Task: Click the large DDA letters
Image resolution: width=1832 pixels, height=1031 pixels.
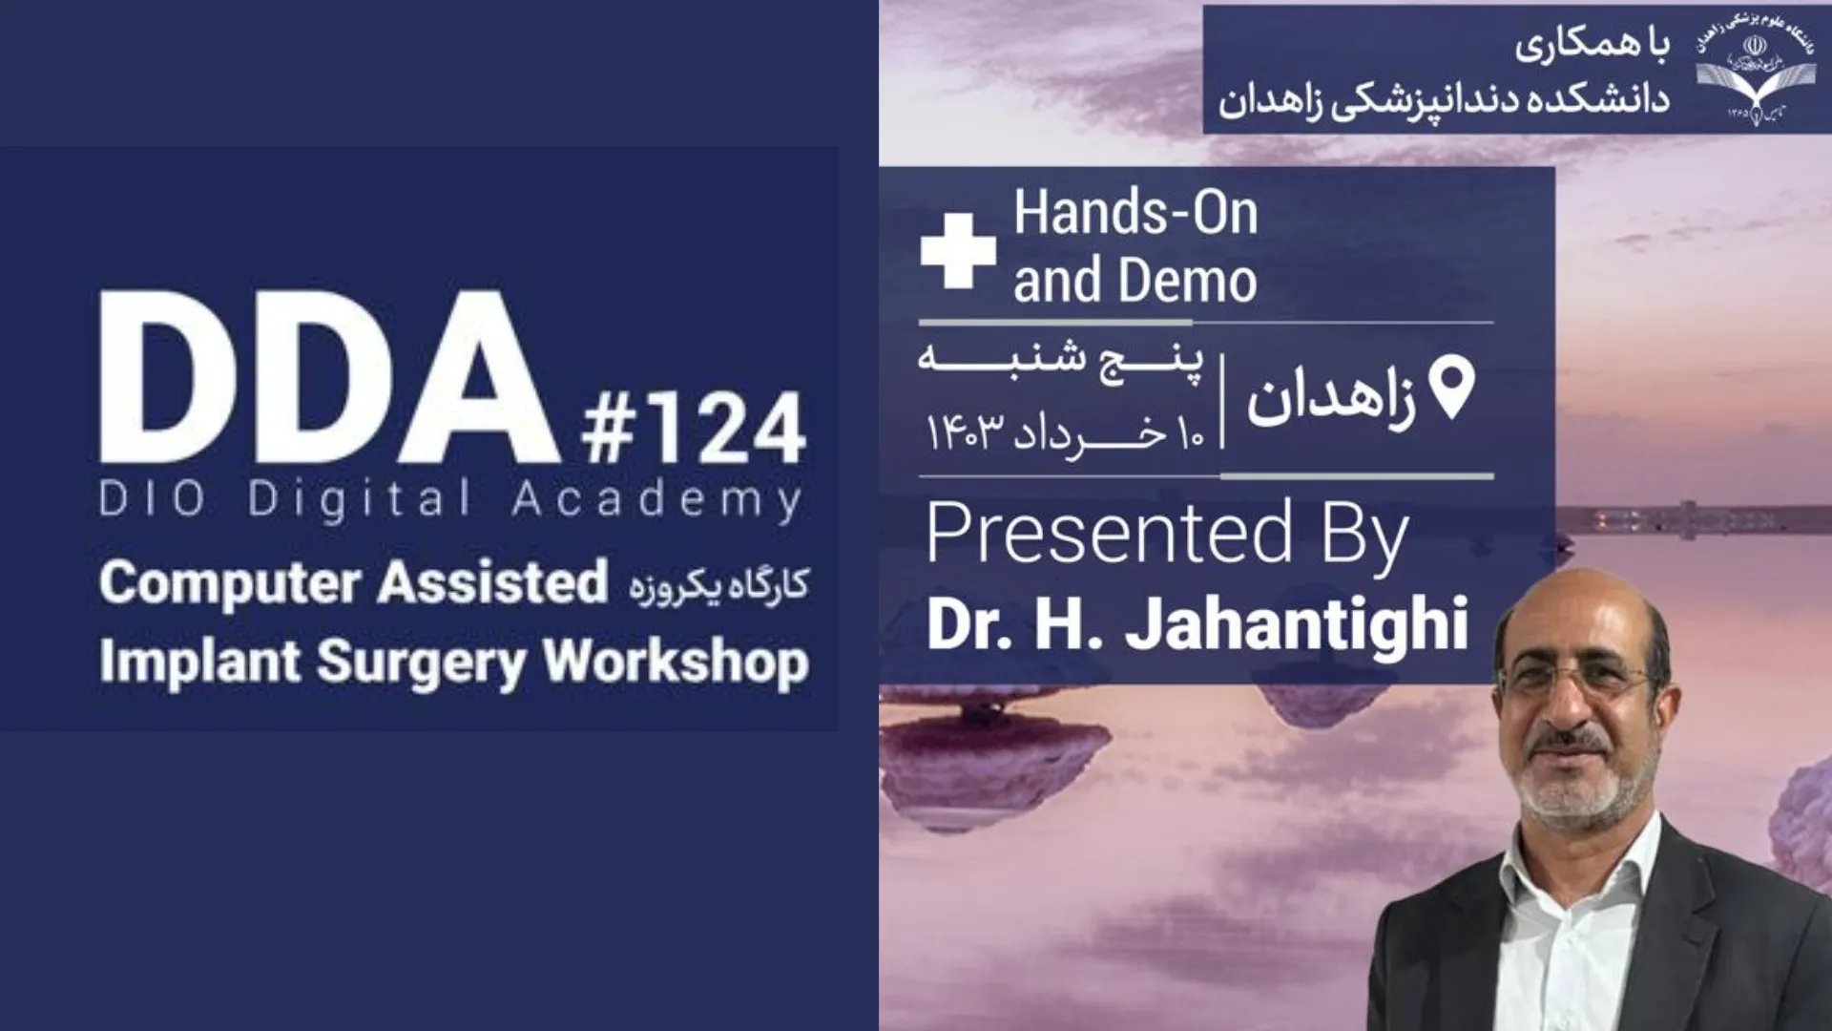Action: pyautogui.click(x=328, y=377)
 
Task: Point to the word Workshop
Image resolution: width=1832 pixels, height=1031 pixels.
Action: pyautogui.click(x=677, y=663)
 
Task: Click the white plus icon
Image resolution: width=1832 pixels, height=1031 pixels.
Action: pyautogui.click(x=958, y=250)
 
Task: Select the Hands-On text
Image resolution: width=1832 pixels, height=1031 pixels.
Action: pyautogui.click(x=1135, y=213)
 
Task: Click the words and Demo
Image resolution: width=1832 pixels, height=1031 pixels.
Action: pyautogui.click(x=1135, y=282)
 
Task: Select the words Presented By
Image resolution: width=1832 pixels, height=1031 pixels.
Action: pyautogui.click(x=1167, y=535)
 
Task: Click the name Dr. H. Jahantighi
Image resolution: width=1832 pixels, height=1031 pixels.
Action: pyautogui.click(x=1197, y=623)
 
